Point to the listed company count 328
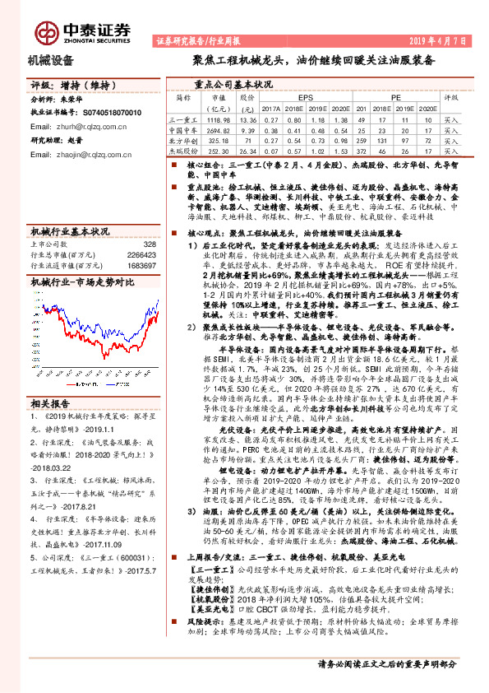149,244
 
